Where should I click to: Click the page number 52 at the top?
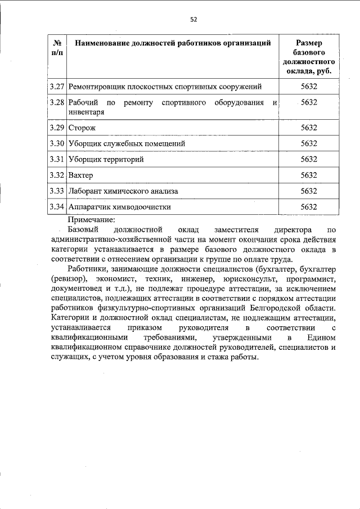click(x=193, y=19)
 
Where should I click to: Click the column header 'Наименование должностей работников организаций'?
click(x=169, y=43)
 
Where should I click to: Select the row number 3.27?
click(x=57, y=87)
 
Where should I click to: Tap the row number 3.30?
click(x=57, y=143)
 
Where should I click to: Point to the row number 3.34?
click(x=57, y=206)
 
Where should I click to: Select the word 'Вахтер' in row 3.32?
click(x=80, y=175)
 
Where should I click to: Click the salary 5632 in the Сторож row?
click(x=309, y=128)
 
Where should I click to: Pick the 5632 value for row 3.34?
click(x=309, y=206)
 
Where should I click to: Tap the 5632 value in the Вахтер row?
click(x=309, y=175)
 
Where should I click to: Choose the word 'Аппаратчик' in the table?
click(x=89, y=206)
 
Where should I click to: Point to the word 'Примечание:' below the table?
click(x=91, y=220)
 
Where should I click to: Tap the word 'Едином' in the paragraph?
click(x=321, y=337)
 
